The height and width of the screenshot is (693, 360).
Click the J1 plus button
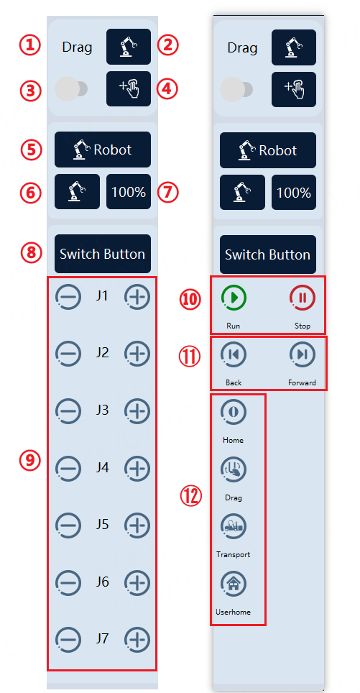[x=137, y=297]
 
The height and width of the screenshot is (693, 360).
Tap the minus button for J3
[x=68, y=411]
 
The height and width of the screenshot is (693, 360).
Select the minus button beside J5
[x=68, y=526]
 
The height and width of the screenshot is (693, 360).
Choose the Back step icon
[x=234, y=354]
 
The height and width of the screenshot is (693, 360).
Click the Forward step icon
[x=303, y=354]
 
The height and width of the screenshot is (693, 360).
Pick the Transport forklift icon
[x=234, y=526]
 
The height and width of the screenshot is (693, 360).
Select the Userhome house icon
[x=234, y=584]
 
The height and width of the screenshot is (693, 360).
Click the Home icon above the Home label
[x=234, y=412]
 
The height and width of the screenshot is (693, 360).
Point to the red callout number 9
[x=29, y=461]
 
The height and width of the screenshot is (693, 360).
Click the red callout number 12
[x=190, y=496]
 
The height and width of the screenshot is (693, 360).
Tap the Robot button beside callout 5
[x=103, y=150]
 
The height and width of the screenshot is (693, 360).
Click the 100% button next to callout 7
[x=129, y=192]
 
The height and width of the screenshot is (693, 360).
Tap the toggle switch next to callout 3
[x=70, y=89]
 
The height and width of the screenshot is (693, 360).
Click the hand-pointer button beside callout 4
[x=129, y=89]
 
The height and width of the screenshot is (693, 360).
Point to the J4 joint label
[x=103, y=467]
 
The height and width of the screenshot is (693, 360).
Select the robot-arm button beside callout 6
[x=78, y=192]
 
